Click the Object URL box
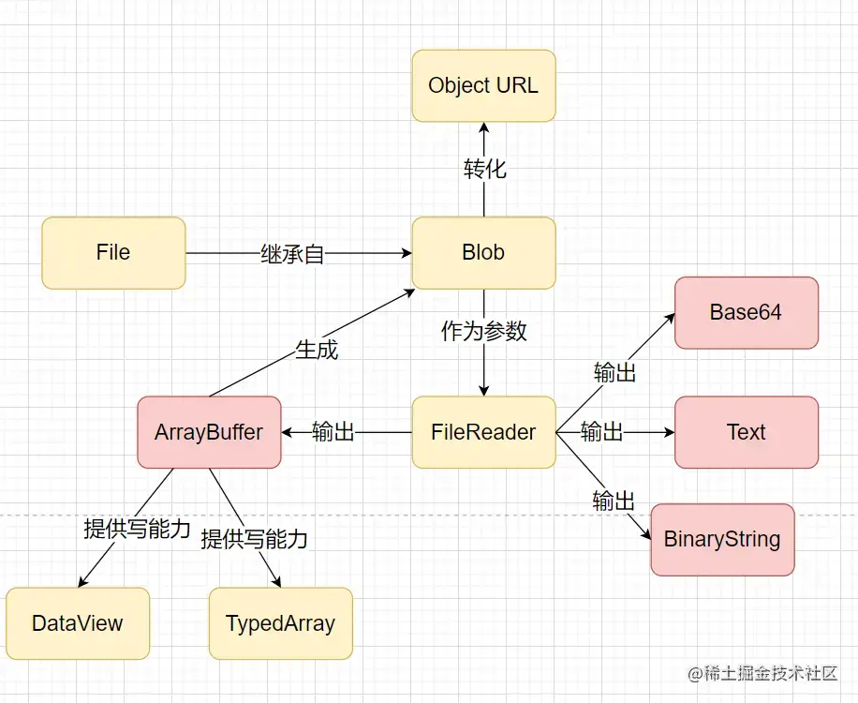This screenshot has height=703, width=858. point(483,86)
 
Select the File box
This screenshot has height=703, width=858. point(113,253)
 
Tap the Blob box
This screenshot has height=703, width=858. point(483,253)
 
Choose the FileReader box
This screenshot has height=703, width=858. point(483,433)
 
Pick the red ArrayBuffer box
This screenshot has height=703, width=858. point(209,433)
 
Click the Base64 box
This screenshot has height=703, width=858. point(747,313)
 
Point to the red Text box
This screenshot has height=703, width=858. point(747,433)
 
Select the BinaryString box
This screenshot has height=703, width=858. point(722,540)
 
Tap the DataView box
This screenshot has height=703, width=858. point(78,624)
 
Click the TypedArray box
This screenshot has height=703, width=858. point(280,624)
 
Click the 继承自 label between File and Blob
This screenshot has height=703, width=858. point(292,254)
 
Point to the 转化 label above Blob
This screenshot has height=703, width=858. point(484,169)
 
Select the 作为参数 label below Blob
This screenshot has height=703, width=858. point(484,331)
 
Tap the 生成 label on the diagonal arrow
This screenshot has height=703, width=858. point(316,351)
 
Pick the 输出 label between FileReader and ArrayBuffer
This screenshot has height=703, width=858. point(333,433)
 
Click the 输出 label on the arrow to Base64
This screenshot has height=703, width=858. point(614,372)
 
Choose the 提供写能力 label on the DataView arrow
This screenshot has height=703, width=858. point(137,529)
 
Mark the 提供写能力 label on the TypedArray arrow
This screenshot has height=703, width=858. point(255,539)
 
